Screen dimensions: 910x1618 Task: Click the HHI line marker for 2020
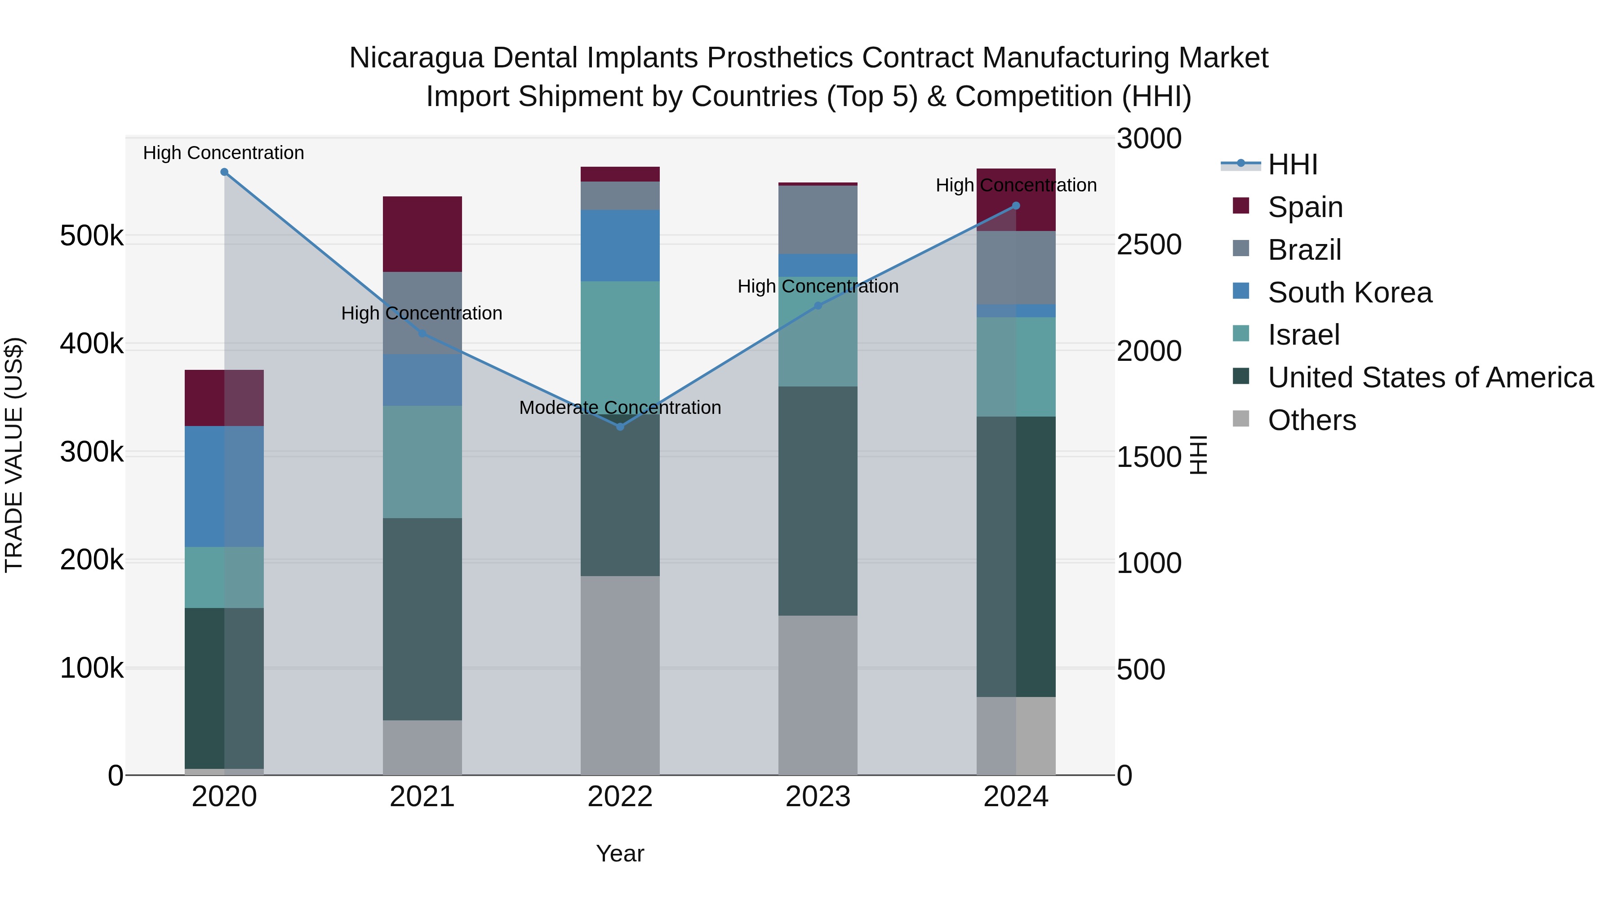tap(224, 172)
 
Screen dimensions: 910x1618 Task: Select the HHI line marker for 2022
tap(620, 426)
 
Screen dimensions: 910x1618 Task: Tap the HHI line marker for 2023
tap(818, 306)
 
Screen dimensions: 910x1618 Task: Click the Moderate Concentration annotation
tap(620, 408)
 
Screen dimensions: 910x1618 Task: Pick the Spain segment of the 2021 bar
tap(422, 234)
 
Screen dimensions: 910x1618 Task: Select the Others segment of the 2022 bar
tap(620, 675)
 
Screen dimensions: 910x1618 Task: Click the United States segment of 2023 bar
tap(818, 501)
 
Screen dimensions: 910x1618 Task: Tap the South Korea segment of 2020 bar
tap(224, 486)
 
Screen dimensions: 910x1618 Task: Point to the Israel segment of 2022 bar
tap(620, 339)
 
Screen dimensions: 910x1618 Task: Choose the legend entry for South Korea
tap(1349, 293)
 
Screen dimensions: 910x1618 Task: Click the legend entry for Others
tap(1311, 420)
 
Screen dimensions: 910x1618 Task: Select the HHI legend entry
tap(1292, 164)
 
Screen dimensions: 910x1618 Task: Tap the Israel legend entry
tap(1303, 335)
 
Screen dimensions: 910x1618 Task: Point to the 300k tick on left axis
tap(92, 452)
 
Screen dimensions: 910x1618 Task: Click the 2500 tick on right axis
tap(1148, 245)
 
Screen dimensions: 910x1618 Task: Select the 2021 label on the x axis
tap(422, 797)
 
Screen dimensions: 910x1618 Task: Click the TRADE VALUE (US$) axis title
tap(14, 455)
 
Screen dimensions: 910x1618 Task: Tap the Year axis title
tap(620, 853)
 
